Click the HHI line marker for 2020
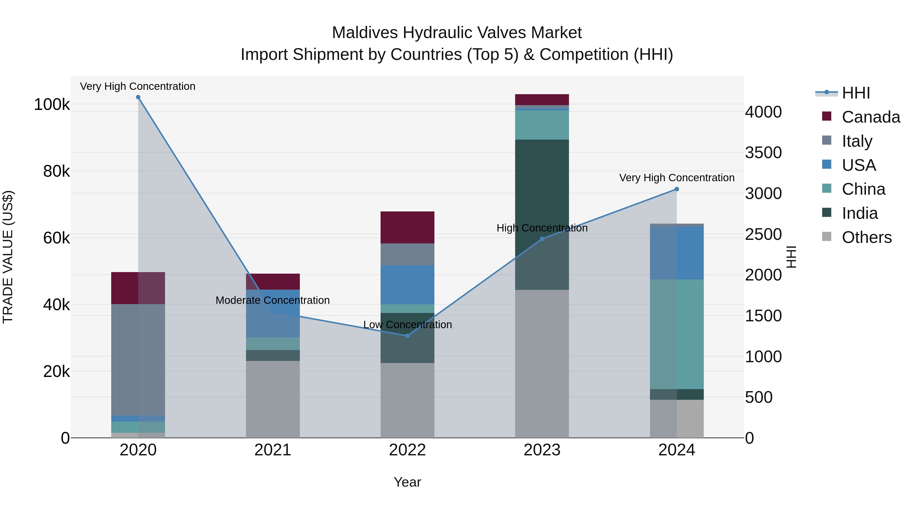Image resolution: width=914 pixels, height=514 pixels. [x=138, y=97]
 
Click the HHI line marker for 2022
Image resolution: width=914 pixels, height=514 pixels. [x=407, y=336]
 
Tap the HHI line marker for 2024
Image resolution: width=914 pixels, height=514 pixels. [x=677, y=189]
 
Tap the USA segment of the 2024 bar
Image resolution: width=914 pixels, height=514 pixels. [x=677, y=253]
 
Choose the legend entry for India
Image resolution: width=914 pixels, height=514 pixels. [x=859, y=213]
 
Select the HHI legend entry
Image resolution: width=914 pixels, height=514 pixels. [x=855, y=93]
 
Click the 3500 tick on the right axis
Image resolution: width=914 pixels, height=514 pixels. [x=763, y=153]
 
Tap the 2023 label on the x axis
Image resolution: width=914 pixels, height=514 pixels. [x=542, y=450]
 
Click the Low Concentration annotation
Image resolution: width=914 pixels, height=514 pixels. [x=407, y=325]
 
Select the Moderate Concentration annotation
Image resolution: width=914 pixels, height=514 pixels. [x=272, y=300]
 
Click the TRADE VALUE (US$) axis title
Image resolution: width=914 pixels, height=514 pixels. [x=8, y=257]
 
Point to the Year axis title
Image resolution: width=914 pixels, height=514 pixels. [x=407, y=482]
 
